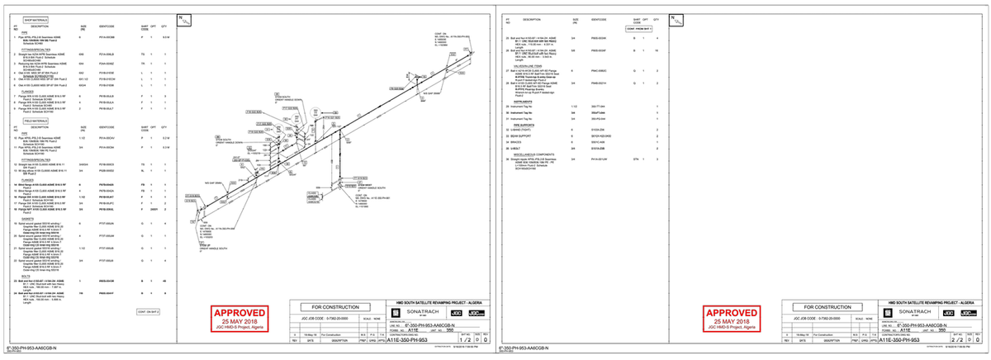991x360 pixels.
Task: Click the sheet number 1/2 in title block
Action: (x=467, y=339)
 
